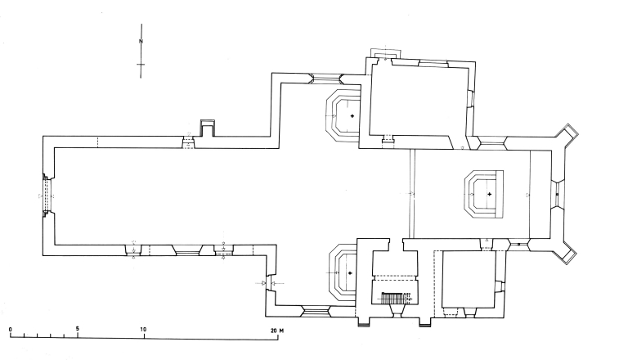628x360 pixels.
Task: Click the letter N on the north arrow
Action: (141, 41)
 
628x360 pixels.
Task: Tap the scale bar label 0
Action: (11, 330)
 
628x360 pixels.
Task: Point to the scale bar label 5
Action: (78, 329)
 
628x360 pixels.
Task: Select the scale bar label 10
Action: (143, 330)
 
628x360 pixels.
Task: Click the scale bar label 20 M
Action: (277, 331)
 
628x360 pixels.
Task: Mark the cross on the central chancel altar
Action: (490, 195)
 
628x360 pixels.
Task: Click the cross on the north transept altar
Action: (352, 116)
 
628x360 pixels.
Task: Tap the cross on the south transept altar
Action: (351, 273)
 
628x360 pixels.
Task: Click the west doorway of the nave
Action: (47, 196)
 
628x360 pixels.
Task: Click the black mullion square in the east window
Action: (557, 195)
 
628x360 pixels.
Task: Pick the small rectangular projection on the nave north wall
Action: (208, 128)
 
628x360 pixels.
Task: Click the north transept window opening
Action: (326, 79)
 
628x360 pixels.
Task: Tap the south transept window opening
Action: (315, 312)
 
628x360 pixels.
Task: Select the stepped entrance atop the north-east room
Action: (385, 54)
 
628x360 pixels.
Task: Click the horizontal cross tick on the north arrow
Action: (141, 64)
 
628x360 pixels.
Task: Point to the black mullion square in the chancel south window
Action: (518, 244)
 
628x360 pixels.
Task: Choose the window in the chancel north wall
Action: (491, 142)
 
